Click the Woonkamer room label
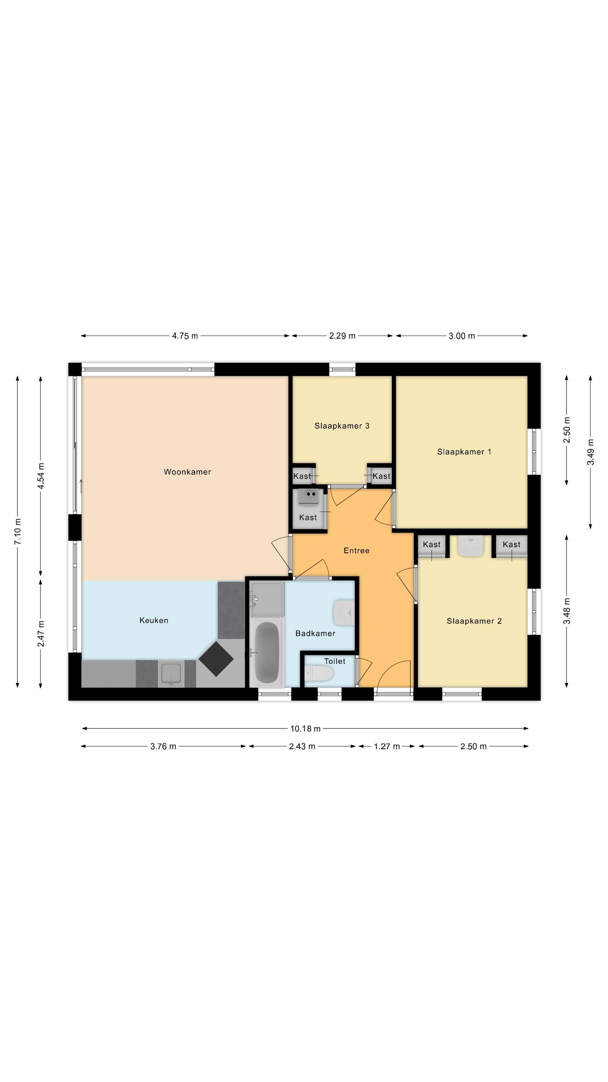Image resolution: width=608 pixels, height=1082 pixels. pyautogui.click(x=187, y=472)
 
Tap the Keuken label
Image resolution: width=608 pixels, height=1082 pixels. pyautogui.click(x=153, y=620)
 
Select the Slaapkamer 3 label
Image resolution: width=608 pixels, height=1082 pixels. pyautogui.click(x=342, y=426)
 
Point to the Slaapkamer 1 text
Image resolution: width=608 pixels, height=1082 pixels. pyautogui.click(x=464, y=452)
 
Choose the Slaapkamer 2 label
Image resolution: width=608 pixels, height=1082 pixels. pyautogui.click(x=474, y=621)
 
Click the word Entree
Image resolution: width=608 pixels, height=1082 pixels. pyautogui.click(x=356, y=550)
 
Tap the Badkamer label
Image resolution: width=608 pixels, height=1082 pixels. pyautogui.click(x=315, y=633)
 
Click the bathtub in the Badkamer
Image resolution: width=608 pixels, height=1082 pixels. pyautogui.click(x=267, y=652)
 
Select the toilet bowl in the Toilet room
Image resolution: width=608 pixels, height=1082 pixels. pyautogui.click(x=319, y=674)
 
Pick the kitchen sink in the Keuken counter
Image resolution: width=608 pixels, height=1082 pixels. pyautogui.click(x=171, y=673)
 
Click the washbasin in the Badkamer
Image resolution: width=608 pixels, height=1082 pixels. pyautogui.click(x=344, y=612)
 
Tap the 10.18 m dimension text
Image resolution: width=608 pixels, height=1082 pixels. pyautogui.click(x=305, y=729)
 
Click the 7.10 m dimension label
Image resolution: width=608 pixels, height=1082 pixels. pyautogui.click(x=18, y=531)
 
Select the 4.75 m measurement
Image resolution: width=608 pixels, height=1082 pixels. pyautogui.click(x=185, y=336)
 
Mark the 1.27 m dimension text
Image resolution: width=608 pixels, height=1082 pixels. pyautogui.click(x=387, y=746)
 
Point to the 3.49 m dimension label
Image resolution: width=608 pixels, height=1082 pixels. pyautogui.click(x=590, y=452)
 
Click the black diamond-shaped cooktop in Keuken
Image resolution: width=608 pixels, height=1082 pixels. pyautogui.click(x=216, y=659)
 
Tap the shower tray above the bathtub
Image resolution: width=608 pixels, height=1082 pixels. pyautogui.click(x=267, y=599)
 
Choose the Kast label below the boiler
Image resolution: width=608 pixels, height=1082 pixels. pyautogui.click(x=308, y=518)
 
